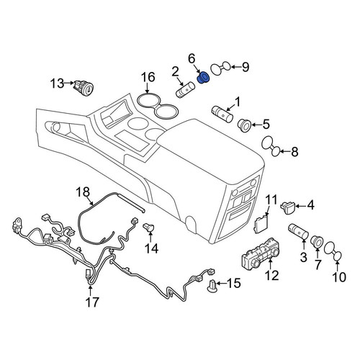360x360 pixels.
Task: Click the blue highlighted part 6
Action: (203, 78)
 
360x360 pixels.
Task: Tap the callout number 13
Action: (57, 84)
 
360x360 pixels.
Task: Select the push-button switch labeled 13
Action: (84, 89)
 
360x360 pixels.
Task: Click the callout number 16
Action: (148, 77)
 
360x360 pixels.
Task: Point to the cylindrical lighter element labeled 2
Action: (185, 90)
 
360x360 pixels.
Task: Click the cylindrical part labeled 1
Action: (222, 114)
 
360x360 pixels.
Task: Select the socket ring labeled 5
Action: (244, 125)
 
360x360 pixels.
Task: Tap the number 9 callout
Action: (246, 67)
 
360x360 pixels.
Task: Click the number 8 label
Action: (294, 152)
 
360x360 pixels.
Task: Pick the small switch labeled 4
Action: (287, 208)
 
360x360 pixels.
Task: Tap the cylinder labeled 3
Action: (298, 232)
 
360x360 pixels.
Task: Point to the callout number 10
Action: (339, 277)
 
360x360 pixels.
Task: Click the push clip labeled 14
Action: (149, 227)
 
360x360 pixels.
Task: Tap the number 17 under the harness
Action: (92, 302)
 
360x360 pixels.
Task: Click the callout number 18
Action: (83, 192)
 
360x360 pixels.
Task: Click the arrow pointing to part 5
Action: (257, 125)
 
